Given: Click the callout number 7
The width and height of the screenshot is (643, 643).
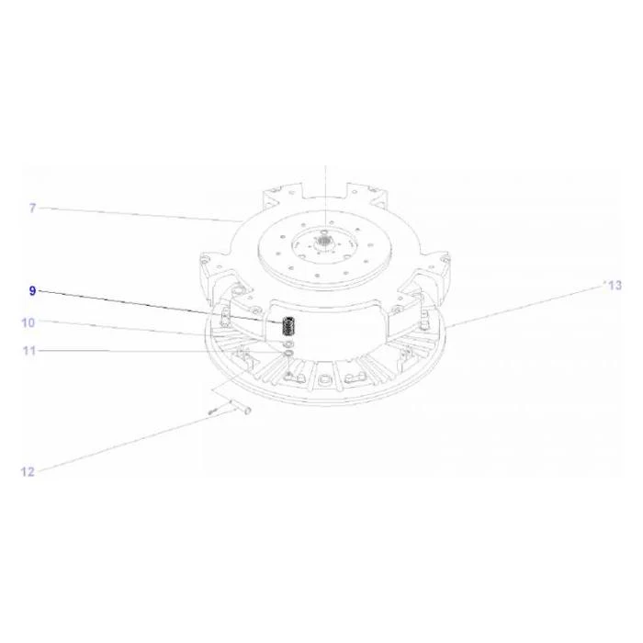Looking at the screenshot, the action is tap(33, 208).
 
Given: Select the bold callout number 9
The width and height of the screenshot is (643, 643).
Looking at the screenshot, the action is tap(32, 291).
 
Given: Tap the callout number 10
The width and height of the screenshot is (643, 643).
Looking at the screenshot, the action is tap(28, 322).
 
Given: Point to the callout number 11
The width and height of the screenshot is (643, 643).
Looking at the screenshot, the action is tap(29, 351).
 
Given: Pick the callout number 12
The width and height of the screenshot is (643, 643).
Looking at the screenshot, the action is tap(28, 472).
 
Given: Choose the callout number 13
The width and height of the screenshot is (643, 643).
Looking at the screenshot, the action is tap(615, 286).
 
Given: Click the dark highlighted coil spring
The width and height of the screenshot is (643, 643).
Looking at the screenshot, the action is tap(288, 325).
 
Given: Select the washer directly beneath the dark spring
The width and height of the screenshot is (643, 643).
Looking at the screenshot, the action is tap(288, 344).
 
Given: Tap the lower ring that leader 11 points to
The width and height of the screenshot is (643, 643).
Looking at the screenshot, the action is tap(288, 353).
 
